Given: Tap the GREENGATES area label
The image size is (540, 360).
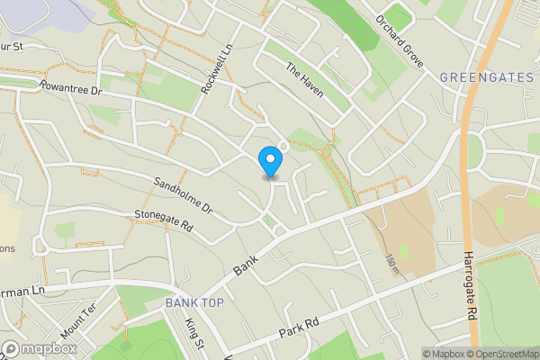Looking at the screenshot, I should (x=487, y=78).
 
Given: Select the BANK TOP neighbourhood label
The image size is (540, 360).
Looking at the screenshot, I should (x=194, y=303).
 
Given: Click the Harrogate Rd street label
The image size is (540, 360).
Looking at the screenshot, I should (x=471, y=287).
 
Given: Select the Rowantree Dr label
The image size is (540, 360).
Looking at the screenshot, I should (x=72, y=90).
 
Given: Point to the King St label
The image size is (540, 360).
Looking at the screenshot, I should (x=194, y=334).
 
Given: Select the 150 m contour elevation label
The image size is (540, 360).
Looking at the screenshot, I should (x=391, y=264).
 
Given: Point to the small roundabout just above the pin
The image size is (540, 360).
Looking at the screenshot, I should (x=283, y=146).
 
